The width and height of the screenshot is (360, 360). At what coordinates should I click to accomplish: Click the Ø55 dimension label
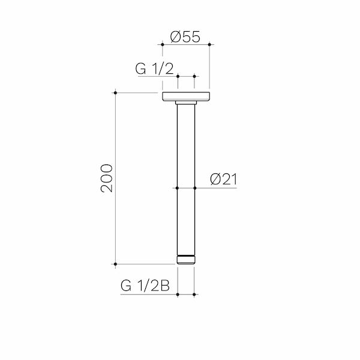(x=185, y=37)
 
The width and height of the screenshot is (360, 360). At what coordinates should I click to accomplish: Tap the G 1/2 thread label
(x=154, y=68)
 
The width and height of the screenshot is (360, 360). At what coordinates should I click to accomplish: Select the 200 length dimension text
(x=107, y=178)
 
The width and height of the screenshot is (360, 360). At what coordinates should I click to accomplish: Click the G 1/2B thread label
(x=145, y=286)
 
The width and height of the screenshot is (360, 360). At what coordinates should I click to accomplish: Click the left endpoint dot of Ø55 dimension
(x=163, y=44)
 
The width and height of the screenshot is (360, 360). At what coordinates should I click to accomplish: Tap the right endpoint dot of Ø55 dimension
(x=209, y=44)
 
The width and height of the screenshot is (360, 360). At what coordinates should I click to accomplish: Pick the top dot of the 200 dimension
(x=115, y=93)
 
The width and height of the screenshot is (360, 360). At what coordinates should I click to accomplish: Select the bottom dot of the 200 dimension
(x=115, y=264)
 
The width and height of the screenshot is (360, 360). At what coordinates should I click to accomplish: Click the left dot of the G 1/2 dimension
(x=178, y=76)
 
